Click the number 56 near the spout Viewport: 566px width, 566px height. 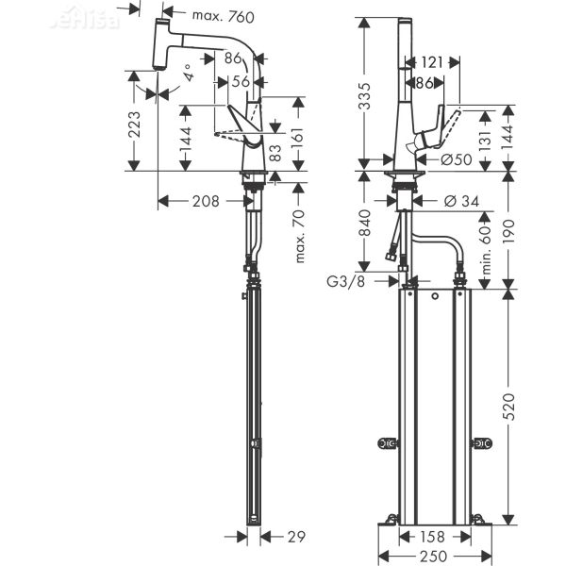click(x=241, y=82)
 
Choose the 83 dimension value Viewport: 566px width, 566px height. click(x=275, y=154)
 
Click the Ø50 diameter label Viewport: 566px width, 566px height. click(x=457, y=159)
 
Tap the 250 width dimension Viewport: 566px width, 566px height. click(x=433, y=557)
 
